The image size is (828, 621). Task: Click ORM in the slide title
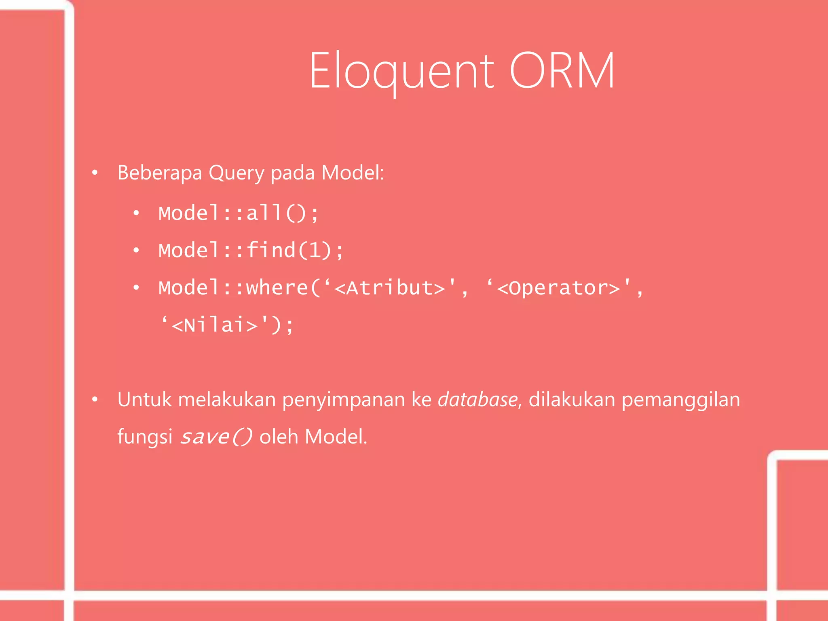(x=562, y=71)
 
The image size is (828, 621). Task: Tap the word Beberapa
(x=160, y=173)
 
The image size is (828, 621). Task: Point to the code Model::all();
(x=239, y=213)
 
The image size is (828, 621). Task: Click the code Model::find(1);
(x=251, y=250)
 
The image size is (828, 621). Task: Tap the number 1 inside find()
(x=315, y=250)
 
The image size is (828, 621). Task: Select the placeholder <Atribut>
(x=390, y=288)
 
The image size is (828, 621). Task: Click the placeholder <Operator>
(x=558, y=288)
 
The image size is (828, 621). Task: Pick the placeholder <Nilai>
(x=215, y=325)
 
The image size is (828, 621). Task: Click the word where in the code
(x=277, y=288)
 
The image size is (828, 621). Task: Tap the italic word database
(x=477, y=399)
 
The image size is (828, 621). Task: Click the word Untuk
(x=144, y=399)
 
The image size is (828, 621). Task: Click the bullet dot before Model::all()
(x=136, y=213)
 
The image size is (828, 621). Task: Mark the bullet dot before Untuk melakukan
(x=95, y=400)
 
